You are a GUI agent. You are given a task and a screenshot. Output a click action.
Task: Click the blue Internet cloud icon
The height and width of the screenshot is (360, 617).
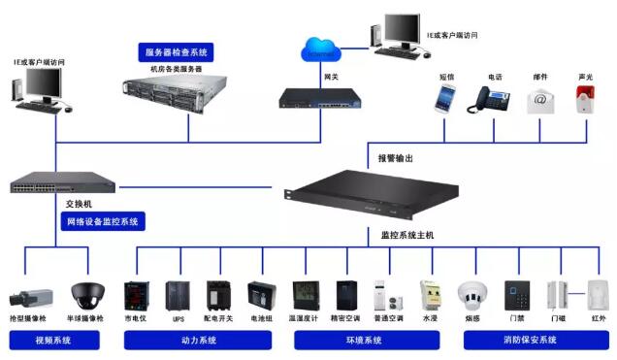coord(322,49)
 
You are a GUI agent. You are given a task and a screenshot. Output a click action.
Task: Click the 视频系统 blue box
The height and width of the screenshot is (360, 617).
coord(52,341)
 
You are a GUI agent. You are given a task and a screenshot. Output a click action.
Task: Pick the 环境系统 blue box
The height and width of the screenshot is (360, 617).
coord(365,341)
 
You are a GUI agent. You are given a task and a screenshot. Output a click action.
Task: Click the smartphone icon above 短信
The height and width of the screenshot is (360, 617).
coord(446,97)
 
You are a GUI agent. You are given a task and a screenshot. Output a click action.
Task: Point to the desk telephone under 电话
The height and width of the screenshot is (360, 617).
coord(491,99)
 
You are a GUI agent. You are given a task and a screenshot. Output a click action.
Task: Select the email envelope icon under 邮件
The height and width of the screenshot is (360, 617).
coord(539,100)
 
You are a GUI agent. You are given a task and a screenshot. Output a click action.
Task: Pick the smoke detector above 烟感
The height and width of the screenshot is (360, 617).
coord(472,294)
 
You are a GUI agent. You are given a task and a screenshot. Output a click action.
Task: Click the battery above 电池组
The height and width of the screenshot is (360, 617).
coord(260,294)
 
